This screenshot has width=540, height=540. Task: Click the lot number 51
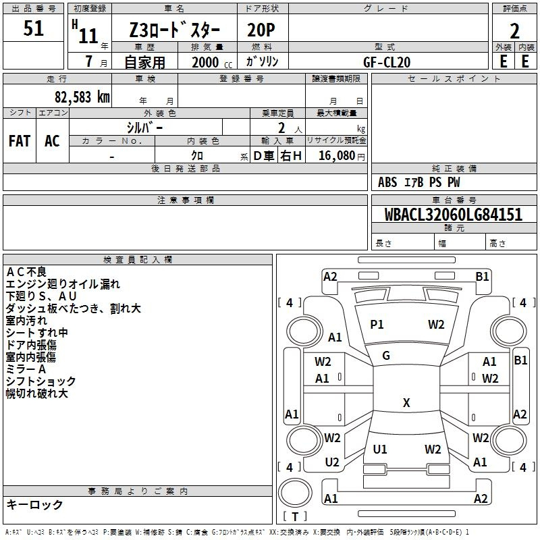click(33, 28)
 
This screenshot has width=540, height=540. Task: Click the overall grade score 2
click(514, 31)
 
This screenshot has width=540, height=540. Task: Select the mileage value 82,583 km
click(82, 97)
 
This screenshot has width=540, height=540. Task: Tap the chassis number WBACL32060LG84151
click(453, 214)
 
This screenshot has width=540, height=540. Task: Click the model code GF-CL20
click(387, 62)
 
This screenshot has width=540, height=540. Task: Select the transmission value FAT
click(20, 141)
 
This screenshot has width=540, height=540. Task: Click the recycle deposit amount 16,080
click(336, 156)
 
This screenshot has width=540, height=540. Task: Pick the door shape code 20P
click(261, 30)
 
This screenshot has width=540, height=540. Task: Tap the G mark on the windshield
click(386, 356)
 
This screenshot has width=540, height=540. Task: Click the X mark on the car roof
click(406, 402)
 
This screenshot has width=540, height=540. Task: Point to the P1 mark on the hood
click(377, 325)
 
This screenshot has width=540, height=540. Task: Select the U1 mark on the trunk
click(380, 449)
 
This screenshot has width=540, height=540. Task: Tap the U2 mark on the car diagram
click(332, 462)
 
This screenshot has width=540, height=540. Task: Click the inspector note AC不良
click(26, 272)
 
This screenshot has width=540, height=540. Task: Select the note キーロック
click(34, 504)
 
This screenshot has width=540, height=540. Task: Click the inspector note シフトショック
click(40, 381)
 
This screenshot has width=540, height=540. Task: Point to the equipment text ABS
click(387, 182)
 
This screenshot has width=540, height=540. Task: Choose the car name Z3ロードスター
click(175, 30)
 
